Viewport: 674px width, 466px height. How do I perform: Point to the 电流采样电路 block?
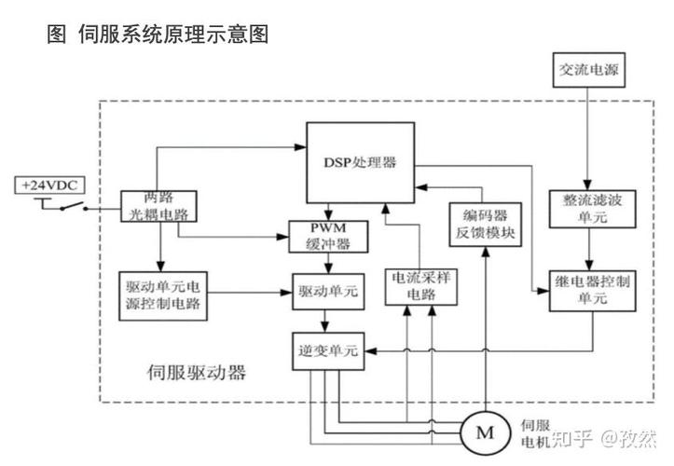420,285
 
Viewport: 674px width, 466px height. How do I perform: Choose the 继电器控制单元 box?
585,290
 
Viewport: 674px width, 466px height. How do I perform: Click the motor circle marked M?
485,431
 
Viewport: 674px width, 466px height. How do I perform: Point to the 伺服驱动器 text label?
197,373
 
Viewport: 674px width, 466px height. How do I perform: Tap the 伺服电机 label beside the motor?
529,431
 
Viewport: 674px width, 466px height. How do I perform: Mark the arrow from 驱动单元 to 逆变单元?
324,322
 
